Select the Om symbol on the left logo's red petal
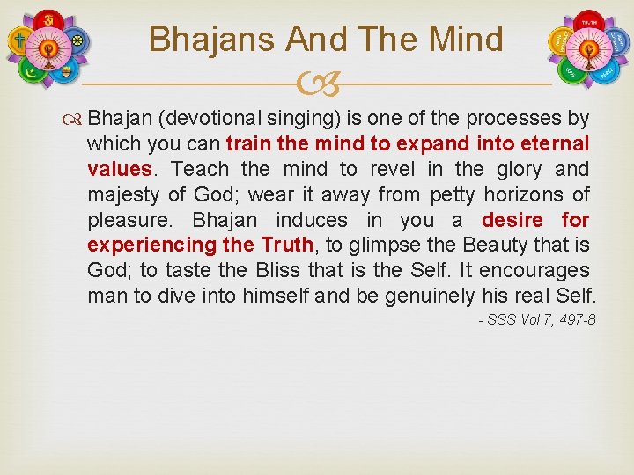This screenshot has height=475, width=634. pos(49,19)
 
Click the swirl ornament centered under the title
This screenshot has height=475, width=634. pos(317,85)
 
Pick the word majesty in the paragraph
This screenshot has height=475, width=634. pos(121,194)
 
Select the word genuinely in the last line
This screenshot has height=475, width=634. pos(430,296)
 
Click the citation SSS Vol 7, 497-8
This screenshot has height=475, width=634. pos(536,319)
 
